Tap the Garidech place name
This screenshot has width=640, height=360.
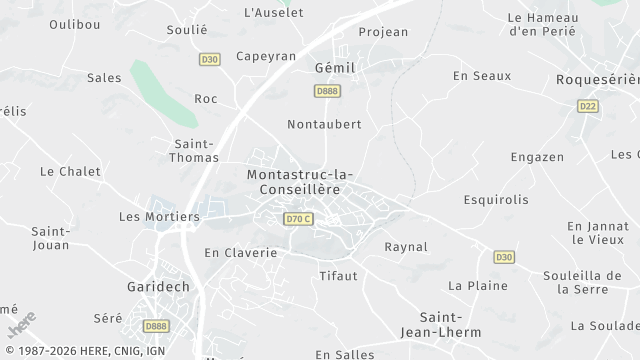[x=159, y=286]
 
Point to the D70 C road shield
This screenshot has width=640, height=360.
[x=299, y=219]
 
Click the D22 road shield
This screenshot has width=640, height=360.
[x=588, y=105]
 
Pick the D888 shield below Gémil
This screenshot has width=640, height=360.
[x=326, y=91]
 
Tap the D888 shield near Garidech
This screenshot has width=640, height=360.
[x=156, y=326]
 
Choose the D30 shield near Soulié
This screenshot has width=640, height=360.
[x=208, y=59]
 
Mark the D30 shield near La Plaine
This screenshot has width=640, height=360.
[x=504, y=257]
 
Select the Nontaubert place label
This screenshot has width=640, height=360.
[x=323, y=124]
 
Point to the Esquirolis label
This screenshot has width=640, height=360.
[x=496, y=199]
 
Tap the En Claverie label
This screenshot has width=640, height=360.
[x=240, y=253]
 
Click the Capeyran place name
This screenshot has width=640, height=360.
[x=266, y=56]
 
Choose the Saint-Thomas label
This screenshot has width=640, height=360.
[x=194, y=150]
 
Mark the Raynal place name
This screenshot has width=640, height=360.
[x=406, y=246]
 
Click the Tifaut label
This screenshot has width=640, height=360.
[x=338, y=275]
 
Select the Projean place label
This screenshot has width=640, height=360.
[x=383, y=32]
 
